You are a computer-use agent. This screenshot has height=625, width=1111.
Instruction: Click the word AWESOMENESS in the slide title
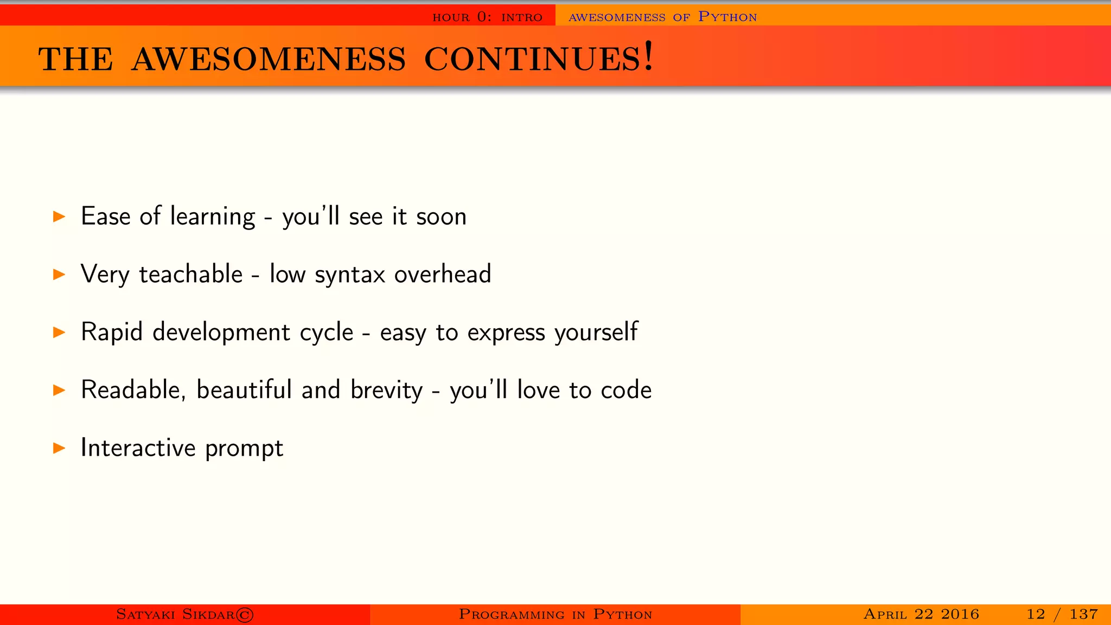[269, 59]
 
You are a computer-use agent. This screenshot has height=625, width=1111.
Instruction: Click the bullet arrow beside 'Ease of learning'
[59, 217]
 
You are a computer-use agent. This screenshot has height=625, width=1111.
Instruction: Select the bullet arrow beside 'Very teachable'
[59, 275]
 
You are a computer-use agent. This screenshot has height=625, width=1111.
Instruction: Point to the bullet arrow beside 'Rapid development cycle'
[59, 333]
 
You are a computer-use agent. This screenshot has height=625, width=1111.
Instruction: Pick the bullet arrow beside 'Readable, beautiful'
[59, 390]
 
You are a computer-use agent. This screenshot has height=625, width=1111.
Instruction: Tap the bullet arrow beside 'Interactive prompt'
[59, 448]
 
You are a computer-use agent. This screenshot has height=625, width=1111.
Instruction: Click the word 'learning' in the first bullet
[212, 217]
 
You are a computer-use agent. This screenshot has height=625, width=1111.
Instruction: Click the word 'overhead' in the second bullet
[443, 274]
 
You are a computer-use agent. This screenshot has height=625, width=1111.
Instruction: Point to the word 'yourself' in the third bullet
[596, 333]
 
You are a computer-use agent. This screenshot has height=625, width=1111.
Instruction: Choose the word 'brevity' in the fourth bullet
[386, 390]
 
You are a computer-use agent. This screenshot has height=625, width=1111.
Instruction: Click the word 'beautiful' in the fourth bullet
[244, 390]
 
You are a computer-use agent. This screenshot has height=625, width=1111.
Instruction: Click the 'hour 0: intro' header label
[487, 17]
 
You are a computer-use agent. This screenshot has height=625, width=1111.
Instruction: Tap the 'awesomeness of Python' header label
[662, 17]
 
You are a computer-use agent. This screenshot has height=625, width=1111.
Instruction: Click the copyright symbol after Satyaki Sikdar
[245, 615]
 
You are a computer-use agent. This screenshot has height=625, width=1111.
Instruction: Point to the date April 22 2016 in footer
[921, 614]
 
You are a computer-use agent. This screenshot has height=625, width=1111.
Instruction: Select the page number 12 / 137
[1062, 614]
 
